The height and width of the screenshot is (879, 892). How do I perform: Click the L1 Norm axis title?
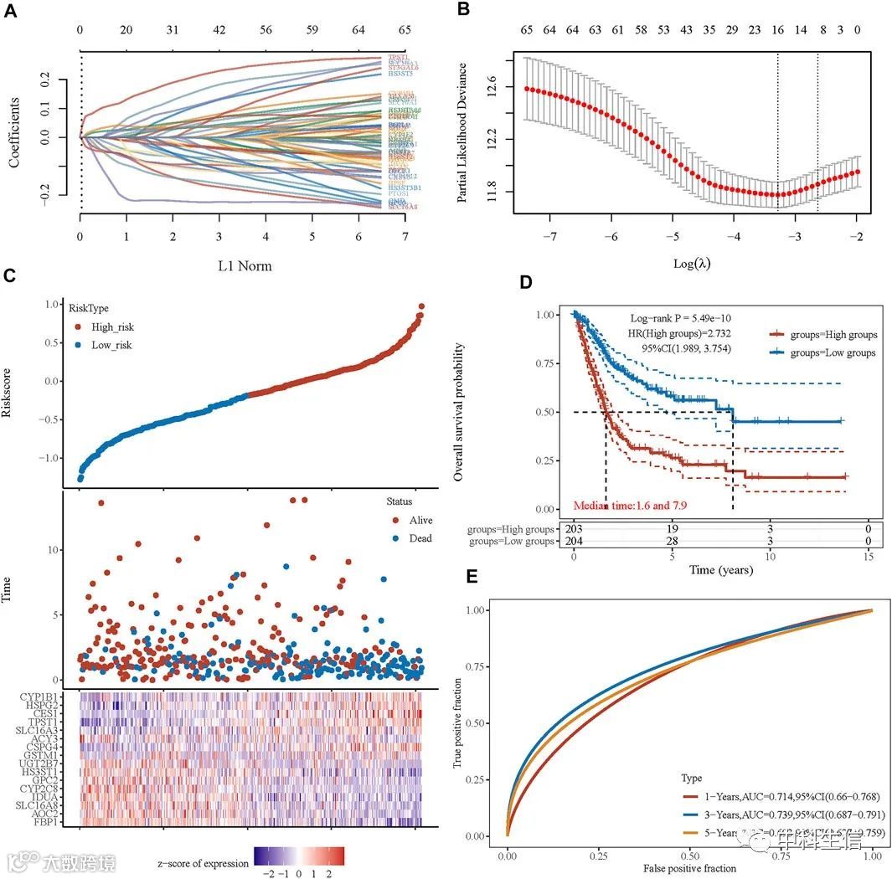tap(244, 266)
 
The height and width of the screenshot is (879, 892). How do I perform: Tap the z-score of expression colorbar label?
tap(203, 862)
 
